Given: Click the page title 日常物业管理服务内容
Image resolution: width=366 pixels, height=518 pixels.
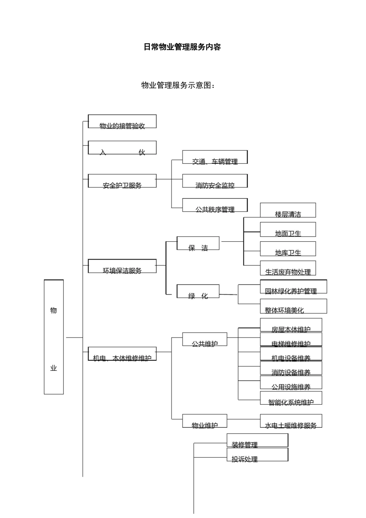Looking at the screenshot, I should [182, 47].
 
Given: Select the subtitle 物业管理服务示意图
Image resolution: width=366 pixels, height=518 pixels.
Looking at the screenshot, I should [178, 85].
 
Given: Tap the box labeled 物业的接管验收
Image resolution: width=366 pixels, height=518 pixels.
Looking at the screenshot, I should [122, 121].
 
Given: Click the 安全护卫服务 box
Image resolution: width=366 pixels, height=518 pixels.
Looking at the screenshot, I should [122, 181].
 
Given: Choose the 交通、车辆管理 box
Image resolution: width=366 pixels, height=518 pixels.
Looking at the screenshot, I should [215, 157].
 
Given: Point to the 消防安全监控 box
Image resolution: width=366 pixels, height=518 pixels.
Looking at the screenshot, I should [215, 181].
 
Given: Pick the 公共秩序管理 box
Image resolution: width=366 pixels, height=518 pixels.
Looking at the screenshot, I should [215, 205].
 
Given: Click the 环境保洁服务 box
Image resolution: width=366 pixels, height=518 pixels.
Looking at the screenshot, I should [122, 266].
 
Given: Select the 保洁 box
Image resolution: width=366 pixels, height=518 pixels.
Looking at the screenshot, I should [198, 244].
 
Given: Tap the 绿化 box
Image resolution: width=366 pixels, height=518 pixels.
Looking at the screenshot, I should [198, 291].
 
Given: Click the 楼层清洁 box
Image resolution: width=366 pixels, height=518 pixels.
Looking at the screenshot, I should [288, 210].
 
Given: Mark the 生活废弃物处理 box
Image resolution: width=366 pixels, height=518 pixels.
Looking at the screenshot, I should [288, 268].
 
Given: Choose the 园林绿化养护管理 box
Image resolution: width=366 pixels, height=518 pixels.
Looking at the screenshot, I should [293, 287].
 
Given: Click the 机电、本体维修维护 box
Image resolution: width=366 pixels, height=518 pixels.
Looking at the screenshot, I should [122, 354].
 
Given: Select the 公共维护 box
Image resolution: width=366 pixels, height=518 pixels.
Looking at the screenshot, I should [205, 340].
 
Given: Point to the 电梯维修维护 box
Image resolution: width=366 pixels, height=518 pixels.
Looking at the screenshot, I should [291, 340].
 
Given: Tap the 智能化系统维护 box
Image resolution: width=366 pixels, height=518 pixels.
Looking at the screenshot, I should [291, 398].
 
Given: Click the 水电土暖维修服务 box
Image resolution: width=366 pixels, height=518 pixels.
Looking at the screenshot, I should [291, 421].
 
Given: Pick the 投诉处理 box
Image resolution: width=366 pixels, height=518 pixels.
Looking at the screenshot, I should [257, 455].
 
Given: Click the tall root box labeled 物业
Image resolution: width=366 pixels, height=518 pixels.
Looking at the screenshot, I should [54, 337].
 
